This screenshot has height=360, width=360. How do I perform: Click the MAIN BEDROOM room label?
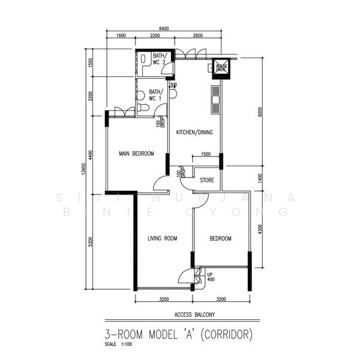tap(136, 154)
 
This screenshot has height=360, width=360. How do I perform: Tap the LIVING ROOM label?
tap(163, 239)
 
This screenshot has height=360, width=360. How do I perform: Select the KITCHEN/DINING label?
tap(194, 133)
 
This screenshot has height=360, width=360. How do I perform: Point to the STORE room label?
tap(207, 179)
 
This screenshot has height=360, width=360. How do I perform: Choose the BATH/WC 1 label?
tap(155, 95)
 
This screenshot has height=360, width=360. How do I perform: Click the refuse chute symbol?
tap(221, 68)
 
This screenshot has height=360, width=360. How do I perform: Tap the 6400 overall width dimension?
tap(164, 28)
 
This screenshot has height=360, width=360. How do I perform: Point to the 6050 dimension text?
tap(260, 111)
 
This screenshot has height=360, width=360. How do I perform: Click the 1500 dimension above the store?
tap(205, 154)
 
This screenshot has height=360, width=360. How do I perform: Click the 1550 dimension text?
tap(91, 62)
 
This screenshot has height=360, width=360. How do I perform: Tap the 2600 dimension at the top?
tap(197, 36)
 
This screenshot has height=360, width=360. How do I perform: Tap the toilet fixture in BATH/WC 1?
tap(142, 108)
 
